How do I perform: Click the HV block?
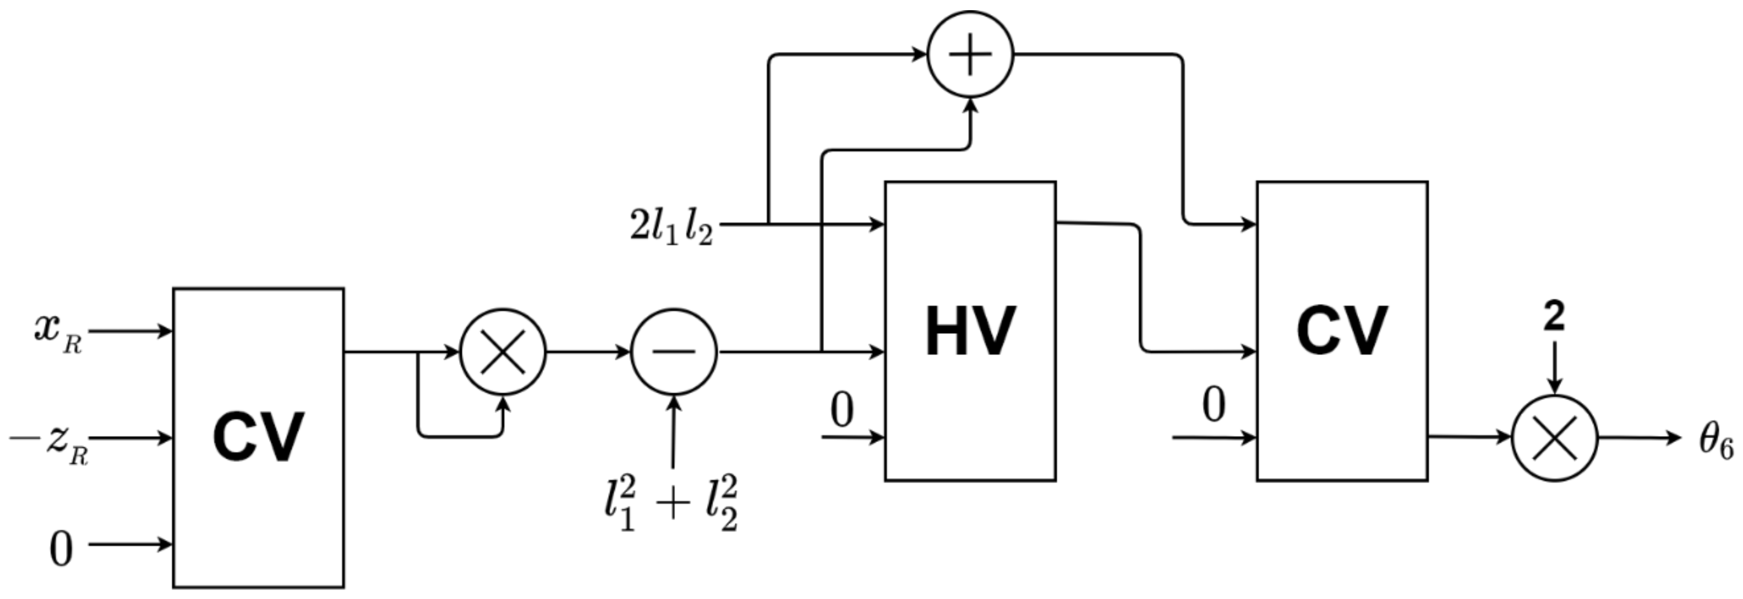[970, 331]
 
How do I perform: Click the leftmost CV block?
[258, 437]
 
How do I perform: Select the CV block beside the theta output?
[1342, 331]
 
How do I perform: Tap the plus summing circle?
[970, 54]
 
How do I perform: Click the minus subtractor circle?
[673, 351]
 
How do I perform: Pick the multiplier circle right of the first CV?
[503, 351]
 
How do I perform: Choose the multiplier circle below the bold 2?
[1554, 437]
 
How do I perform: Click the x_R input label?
[58, 332]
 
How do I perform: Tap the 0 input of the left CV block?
[61, 548]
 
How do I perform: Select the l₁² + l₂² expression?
[670, 504]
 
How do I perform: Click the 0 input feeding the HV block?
[842, 410]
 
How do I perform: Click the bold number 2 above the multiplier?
[1554, 316]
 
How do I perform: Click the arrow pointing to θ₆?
[1637, 437]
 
